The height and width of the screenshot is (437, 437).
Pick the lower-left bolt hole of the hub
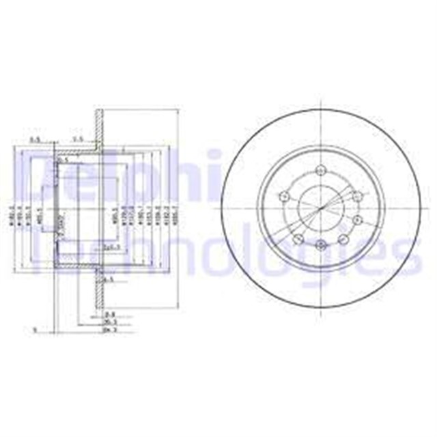coord(297,239)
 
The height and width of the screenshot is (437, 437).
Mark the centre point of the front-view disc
coord(320,208)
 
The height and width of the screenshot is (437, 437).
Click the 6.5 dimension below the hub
coord(108,279)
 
